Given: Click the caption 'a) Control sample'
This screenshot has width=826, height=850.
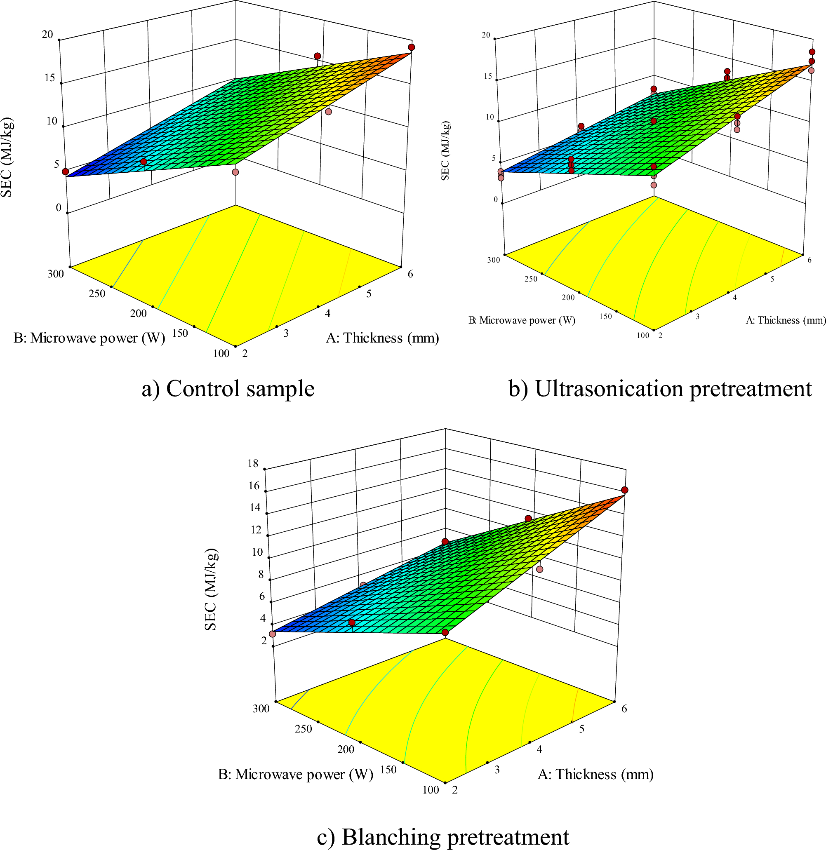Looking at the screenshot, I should (x=228, y=389).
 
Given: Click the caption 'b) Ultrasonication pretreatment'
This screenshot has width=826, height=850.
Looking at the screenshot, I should (x=660, y=389).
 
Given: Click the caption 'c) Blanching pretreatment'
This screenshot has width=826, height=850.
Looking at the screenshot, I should (x=442, y=837).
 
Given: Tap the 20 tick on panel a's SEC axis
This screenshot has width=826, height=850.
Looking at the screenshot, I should (x=47, y=34).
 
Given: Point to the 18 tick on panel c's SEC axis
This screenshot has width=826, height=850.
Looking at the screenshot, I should (x=252, y=463).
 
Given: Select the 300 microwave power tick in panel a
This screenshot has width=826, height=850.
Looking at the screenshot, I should (x=56, y=274).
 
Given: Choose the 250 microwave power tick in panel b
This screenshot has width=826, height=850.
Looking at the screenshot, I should (x=531, y=279).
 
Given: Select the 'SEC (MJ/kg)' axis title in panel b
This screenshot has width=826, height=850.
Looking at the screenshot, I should (x=445, y=151).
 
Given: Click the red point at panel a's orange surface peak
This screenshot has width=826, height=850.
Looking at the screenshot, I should (x=411, y=47).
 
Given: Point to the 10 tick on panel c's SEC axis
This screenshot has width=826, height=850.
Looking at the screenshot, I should (x=257, y=552).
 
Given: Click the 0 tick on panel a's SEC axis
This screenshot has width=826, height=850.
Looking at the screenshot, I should (x=59, y=208).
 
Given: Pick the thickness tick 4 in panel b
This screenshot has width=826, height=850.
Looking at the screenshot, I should (x=735, y=298).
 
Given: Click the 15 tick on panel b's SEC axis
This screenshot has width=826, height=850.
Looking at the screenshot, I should (x=488, y=76).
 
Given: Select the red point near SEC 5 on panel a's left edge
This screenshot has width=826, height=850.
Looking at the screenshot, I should (x=66, y=172).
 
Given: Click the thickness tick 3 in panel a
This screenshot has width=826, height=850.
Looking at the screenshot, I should (x=286, y=333).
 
